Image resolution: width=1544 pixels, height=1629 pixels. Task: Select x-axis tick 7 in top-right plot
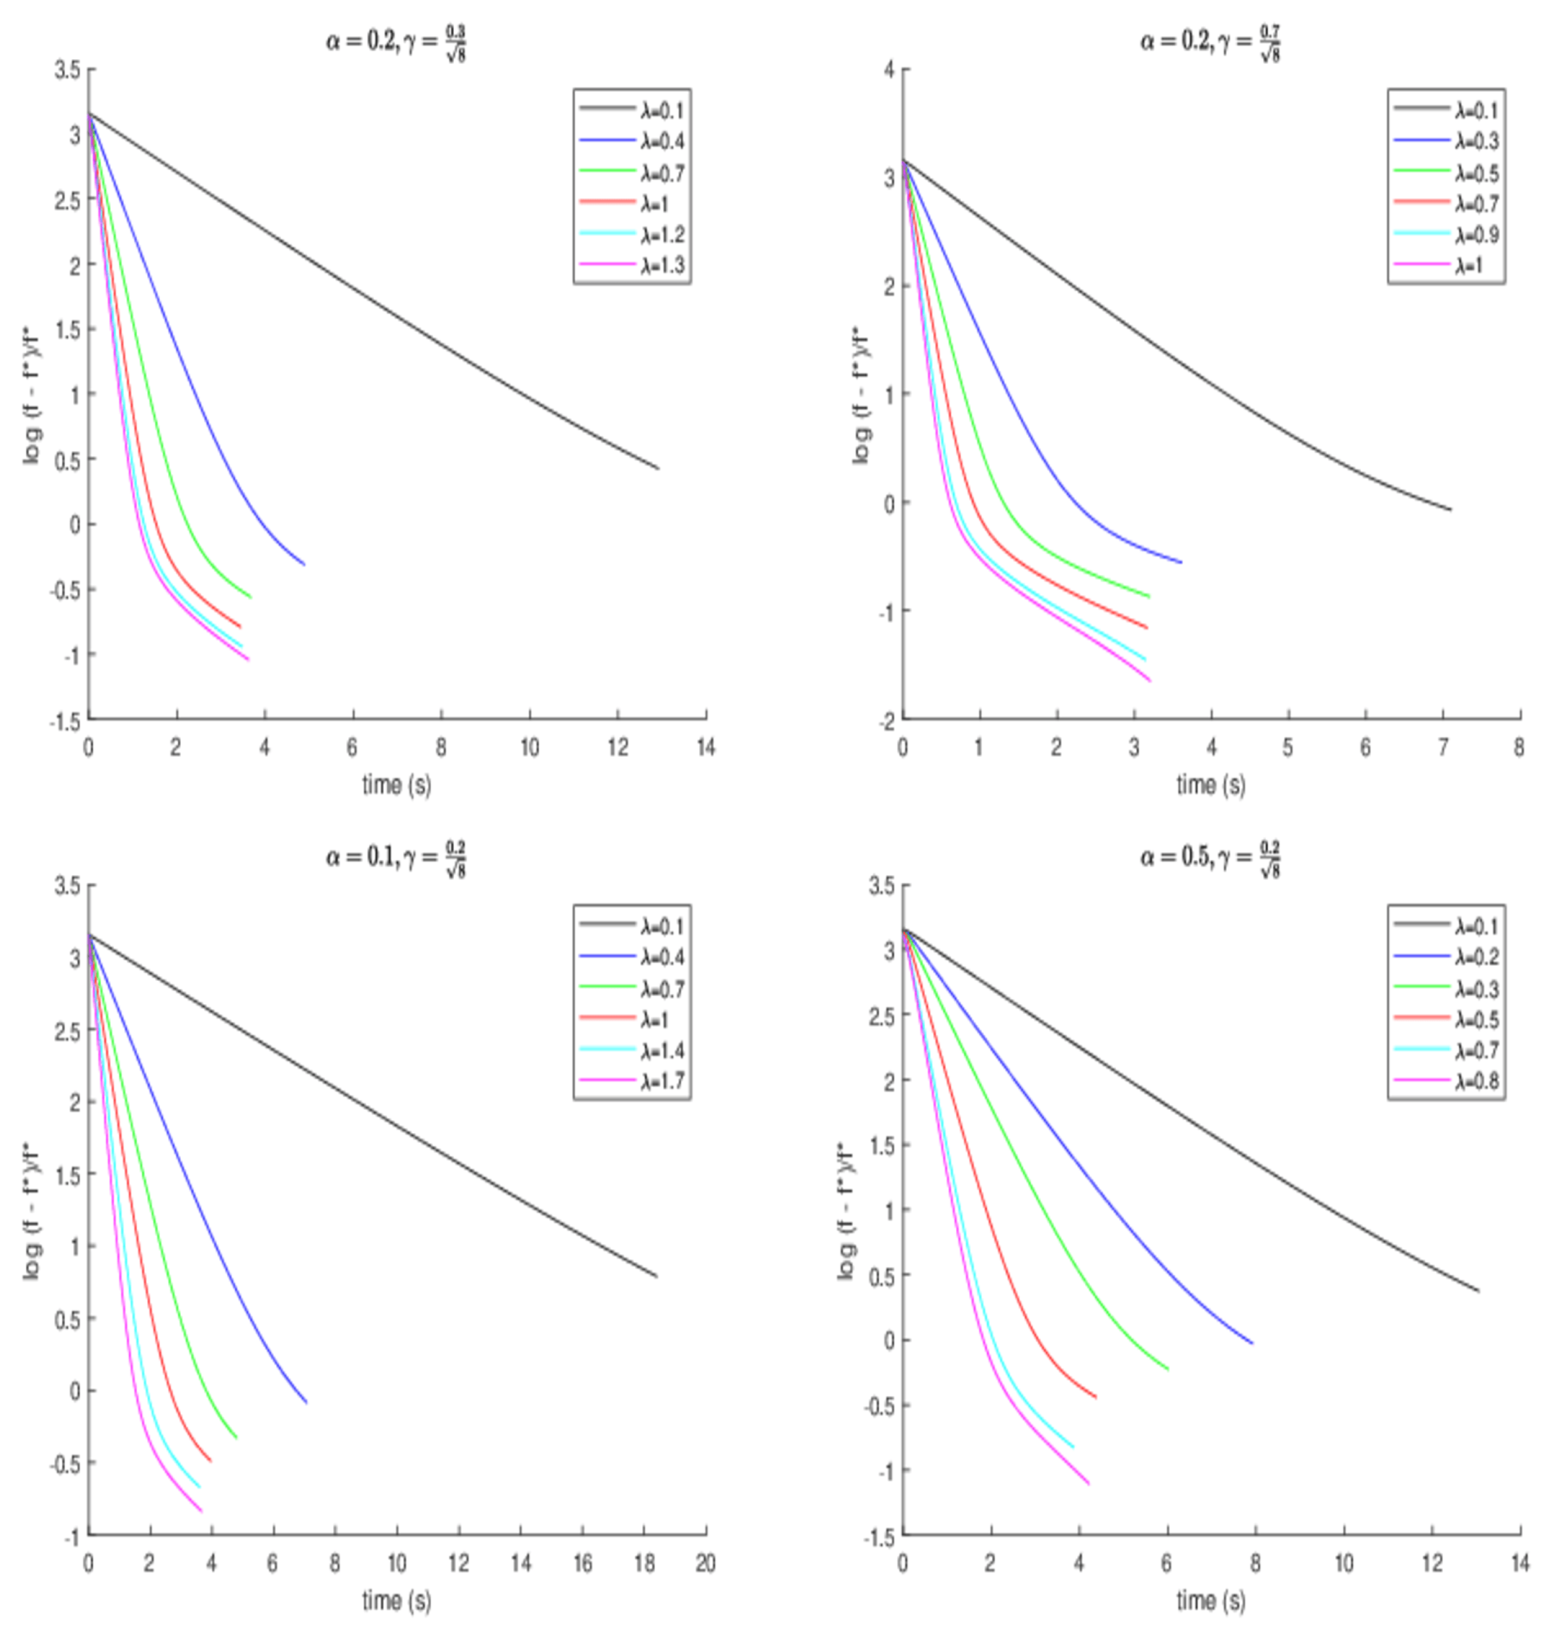[1443, 747]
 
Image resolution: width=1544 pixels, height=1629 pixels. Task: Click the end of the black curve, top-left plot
[658, 469]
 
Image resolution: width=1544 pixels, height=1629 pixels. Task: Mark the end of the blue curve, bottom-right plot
[1252, 1344]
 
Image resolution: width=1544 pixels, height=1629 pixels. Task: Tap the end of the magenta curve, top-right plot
[1150, 680]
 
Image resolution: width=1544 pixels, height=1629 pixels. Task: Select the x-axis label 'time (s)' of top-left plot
[396, 784]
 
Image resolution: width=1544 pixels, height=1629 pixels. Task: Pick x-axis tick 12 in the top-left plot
[617, 747]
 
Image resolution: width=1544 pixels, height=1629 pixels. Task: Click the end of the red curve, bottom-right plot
[1095, 1397]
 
